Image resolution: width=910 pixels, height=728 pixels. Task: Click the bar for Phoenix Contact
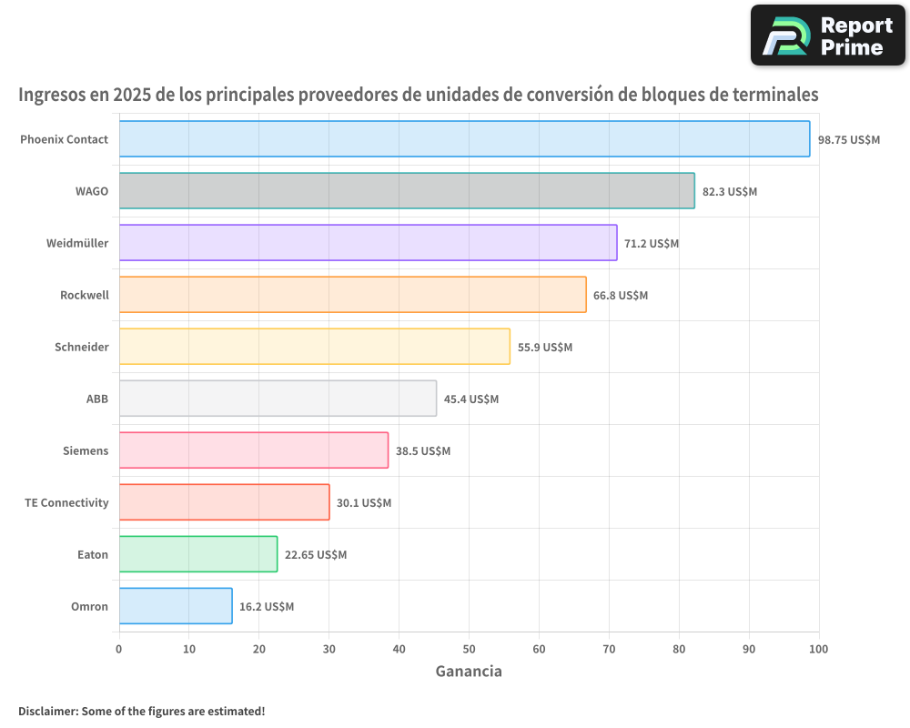pos(464,139)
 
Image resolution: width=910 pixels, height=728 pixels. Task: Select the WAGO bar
pos(407,191)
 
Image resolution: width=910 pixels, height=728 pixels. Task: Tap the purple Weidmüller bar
pos(368,243)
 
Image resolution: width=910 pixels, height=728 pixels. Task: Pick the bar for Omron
pos(176,606)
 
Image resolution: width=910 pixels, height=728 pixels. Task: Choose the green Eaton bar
pos(198,554)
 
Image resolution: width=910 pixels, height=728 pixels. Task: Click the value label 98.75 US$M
pos(848,139)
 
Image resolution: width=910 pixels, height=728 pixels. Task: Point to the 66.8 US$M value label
pos(621,295)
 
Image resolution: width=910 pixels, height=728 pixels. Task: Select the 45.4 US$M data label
pos(471,399)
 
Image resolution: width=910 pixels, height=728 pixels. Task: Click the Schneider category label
pos(81,347)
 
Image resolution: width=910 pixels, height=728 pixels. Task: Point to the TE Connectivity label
pos(66,502)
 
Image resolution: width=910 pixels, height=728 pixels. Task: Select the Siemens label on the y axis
pos(86,450)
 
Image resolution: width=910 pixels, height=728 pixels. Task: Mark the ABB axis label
pos(96,399)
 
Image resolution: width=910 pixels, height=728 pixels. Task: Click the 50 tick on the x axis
pos(469,649)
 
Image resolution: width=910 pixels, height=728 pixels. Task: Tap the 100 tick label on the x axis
pos(818,649)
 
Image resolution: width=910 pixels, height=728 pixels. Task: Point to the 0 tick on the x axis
pos(119,649)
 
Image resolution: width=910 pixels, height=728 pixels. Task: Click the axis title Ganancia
pos(469,672)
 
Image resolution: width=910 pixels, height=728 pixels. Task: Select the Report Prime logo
pos(828,35)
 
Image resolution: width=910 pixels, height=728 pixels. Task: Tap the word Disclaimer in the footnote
pos(46,711)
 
